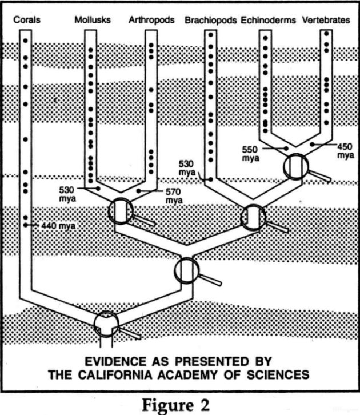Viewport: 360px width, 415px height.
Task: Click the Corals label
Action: click(x=27, y=20)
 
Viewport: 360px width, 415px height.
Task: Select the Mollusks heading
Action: click(x=93, y=20)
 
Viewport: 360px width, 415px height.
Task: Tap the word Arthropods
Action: click(x=151, y=20)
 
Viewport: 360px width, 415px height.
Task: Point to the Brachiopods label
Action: click(x=211, y=21)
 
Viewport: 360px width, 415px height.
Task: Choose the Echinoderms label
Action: click(x=268, y=21)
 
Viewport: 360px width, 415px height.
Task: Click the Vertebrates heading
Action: click(x=326, y=20)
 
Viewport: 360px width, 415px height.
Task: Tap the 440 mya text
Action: click(x=58, y=226)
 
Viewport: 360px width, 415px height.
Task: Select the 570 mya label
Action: click(x=174, y=196)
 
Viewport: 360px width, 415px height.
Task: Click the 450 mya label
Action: click(x=345, y=150)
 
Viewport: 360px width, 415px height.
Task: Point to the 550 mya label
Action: click(x=250, y=154)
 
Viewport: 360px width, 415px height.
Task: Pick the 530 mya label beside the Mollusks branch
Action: click(x=67, y=194)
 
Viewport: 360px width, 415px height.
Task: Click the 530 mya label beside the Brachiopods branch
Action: click(x=187, y=168)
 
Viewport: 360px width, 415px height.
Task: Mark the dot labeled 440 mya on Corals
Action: click(x=25, y=225)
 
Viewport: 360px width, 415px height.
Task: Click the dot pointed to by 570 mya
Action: click(x=139, y=191)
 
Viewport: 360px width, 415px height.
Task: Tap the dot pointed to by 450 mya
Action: click(x=313, y=145)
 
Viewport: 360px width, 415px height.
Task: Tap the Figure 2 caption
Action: click(x=176, y=405)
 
